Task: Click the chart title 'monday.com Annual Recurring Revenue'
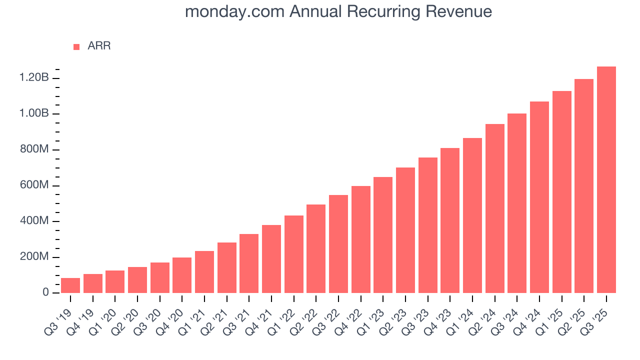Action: [x=338, y=12]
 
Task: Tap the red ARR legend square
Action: [x=76, y=46]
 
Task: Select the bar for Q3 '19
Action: [x=70, y=285]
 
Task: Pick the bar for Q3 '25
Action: [x=606, y=180]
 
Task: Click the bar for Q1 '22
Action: [x=294, y=254]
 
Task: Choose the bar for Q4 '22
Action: [x=361, y=239]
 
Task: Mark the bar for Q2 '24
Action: [x=495, y=208]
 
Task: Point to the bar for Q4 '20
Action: [x=182, y=275]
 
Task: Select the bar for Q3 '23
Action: [x=428, y=225]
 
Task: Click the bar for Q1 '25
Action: [x=562, y=192]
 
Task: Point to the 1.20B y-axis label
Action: [x=34, y=78]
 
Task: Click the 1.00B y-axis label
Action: [x=34, y=113]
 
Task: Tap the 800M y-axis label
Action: [x=34, y=149]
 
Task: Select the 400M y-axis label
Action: [x=34, y=221]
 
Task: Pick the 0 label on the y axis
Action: [x=44, y=292]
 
